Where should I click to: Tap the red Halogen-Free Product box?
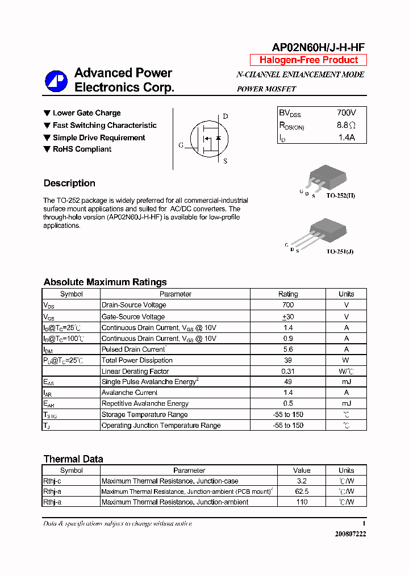pyautogui.click(x=308, y=60)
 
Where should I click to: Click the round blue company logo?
pyautogui.click(x=56, y=81)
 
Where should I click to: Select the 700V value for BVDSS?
pyautogui.click(x=346, y=113)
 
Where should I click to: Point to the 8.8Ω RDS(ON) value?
pyautogui.click(x=346, y=126)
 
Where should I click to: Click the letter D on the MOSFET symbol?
pyautogui.click(x=225, y=116)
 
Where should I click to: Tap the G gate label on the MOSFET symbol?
pyautogui.click(x=181, y=145)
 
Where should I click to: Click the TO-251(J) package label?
pyautogui.click(x=339, y=251)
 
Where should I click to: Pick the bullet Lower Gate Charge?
pyautogui.click(x=86, y=113)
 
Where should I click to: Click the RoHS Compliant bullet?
pyautogui.click(x=82, y=149)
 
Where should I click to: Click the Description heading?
pyautogui.click(x=69, y=183)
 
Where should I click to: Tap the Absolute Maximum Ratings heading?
pyautogui.click(x=105, y=282)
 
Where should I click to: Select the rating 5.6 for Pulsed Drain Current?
pyautogui.click(x=287, y=349)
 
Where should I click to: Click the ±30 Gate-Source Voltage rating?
pyautogui.click(x=287, y=316)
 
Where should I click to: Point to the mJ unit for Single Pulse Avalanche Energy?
pyautogui.click(x=346, y=382)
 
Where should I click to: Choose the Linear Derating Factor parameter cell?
pyautogui.click(x=135, y=371)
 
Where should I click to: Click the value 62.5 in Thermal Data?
pyautogui.click(x=302, y=491)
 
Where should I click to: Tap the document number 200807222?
pyautogui.click(x=350, y=534)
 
